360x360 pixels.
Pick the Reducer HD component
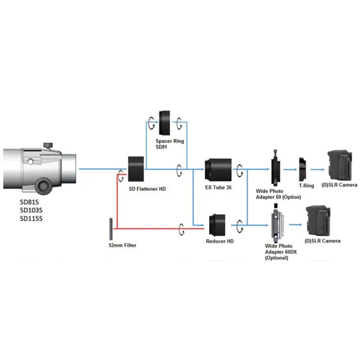coord(220,224)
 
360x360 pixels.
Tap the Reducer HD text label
coord(220,241)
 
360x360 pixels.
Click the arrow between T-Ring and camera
coord(317,170)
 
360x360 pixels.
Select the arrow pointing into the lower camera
coord(295,224)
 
